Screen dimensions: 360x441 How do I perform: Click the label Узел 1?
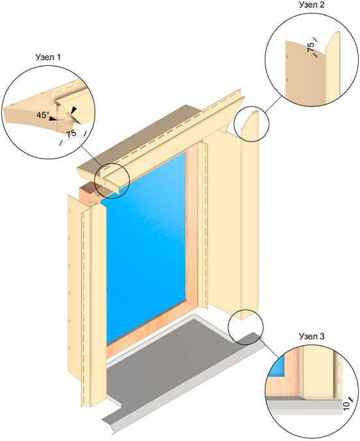point(48,57)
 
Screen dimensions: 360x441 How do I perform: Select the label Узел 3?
point(312,336)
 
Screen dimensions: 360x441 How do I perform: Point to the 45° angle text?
point(42,115)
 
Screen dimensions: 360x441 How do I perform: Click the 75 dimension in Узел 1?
point(72,134)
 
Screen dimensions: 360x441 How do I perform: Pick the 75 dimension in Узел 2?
point(311,47)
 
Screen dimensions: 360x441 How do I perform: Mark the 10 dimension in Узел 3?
point(347,405)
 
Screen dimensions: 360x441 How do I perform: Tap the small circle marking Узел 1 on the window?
point(112,181)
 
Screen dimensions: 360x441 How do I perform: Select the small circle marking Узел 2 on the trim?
point(252,124)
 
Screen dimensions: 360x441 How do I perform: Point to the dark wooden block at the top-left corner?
point(89,194)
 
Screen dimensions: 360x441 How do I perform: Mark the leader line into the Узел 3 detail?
point(270,349)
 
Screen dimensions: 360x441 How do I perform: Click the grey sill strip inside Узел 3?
point(305,405)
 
